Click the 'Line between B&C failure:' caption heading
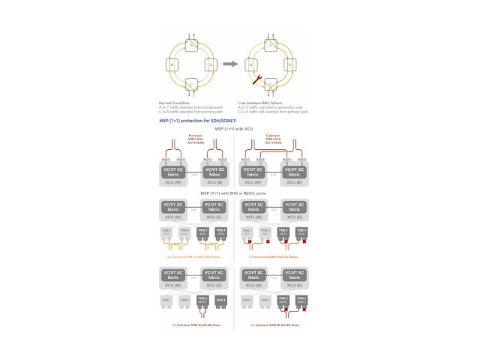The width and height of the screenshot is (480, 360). pyautogui.click(x=259, y=103)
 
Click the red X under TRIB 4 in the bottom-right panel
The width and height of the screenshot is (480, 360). pyautogui.click(x=304, y=309)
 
